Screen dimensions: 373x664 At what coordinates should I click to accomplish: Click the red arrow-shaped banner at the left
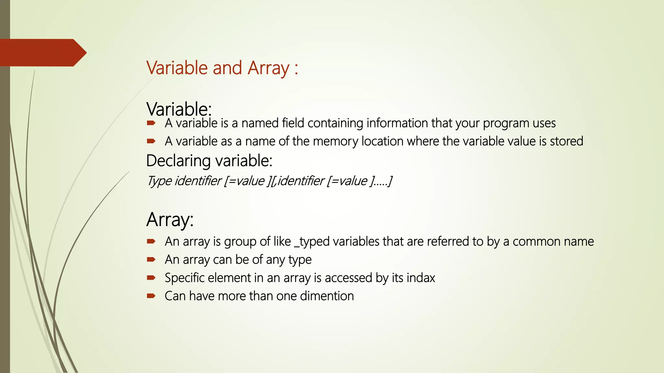coord(42,53)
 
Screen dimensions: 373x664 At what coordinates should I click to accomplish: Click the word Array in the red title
coord(268,68)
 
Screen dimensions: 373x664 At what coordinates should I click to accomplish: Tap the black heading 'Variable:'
coord(179,109)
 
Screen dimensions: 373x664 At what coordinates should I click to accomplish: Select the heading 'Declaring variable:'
coord(209,161)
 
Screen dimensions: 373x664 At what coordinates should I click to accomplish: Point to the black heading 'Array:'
coord(170,220)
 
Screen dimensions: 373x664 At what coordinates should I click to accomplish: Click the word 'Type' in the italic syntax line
coord(159,181)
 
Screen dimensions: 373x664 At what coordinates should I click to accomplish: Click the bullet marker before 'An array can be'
coord(151,259)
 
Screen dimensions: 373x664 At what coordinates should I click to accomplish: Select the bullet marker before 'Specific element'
coord(151,277)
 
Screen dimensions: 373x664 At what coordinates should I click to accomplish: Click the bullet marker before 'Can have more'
coord(151,296)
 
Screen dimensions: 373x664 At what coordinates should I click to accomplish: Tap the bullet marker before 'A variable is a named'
coord(151,123)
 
